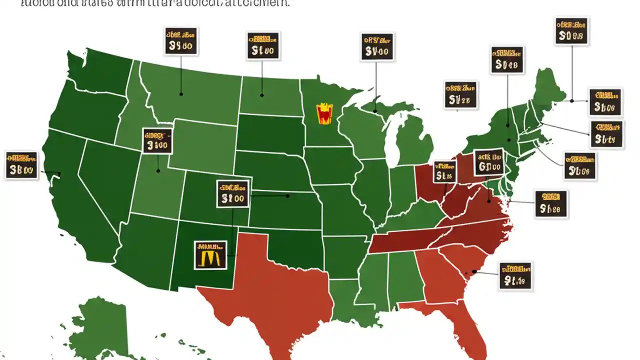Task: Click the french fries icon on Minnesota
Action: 324,113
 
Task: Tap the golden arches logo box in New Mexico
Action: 209,255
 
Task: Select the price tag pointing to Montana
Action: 181,41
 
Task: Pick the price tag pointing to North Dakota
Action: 263,46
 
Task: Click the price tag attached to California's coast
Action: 21,165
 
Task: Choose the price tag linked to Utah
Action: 157,140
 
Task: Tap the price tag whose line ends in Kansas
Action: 233,193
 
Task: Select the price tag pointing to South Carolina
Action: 515,275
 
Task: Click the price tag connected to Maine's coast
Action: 605,101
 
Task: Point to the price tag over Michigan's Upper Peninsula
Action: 377,47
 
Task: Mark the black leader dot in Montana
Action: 181,94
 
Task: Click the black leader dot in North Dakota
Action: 261,94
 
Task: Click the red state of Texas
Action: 270,290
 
